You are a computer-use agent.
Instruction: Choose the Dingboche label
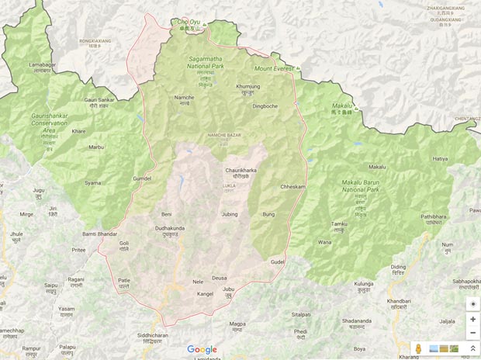[x=265, y=106]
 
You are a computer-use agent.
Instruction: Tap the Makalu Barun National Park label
[x=360, y=186]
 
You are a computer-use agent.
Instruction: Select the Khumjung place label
[x=247, y=87]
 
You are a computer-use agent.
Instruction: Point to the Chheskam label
[x=292, y=186]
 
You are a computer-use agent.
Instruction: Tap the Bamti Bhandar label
[x=99, y=234]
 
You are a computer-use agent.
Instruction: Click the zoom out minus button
[x=472, y=333]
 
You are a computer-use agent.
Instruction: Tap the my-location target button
[x=472, y=304]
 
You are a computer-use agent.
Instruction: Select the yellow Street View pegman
[x=419, y=349]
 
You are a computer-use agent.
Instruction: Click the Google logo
[x=202, y=350]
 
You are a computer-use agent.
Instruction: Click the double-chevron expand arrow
[x=472, y=349]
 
